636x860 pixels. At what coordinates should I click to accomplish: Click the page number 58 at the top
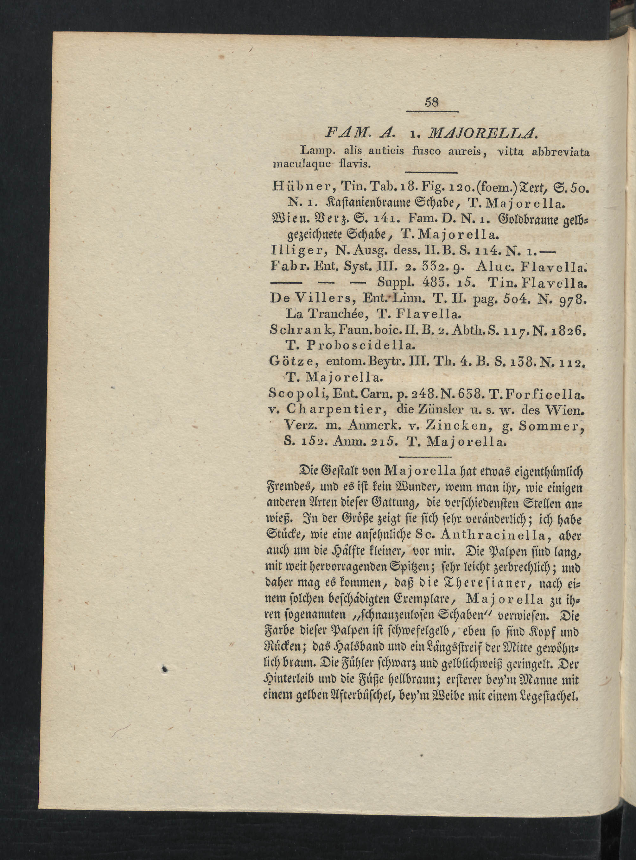point(432,102)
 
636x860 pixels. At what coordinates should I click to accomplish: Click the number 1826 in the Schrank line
point(567,330)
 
